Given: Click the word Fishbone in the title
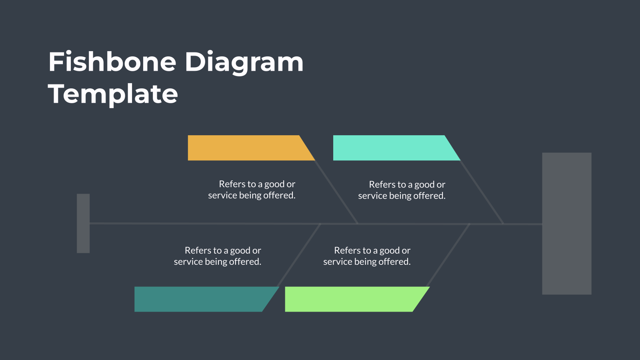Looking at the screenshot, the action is click(112, 62).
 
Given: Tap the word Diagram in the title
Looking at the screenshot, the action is click(244, 63).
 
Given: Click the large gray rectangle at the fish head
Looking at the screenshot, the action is click(567, 224).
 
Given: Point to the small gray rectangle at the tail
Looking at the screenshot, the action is click(83, 224).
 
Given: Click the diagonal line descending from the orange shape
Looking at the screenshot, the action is click(336, 192).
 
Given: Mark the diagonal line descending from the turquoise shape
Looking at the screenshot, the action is click(482, 192).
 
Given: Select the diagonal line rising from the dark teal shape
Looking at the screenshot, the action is click(299, 255).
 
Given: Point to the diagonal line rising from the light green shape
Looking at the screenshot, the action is click(448, 255).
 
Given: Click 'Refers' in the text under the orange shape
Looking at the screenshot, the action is click(230, 184).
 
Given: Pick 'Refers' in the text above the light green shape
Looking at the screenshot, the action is click(346, 250).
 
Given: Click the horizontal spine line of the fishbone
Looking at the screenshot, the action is click(316, 224).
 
